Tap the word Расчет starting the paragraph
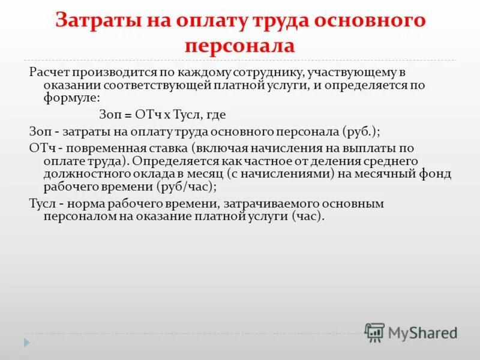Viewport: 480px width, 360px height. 47,73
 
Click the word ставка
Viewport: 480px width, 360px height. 157,148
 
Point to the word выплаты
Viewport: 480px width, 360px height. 374,148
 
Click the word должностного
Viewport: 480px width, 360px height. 87,174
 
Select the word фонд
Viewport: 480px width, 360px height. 438,174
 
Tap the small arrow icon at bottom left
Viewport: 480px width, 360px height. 27,342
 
